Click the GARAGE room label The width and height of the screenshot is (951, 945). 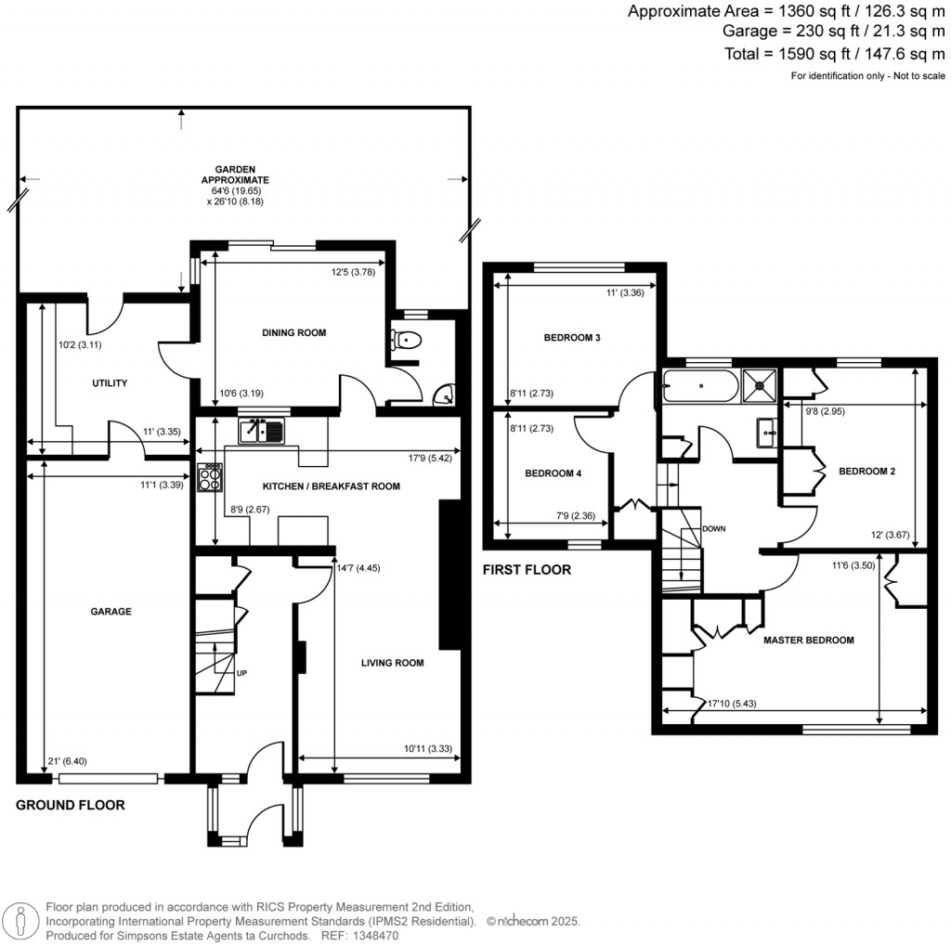[x=111, y=612]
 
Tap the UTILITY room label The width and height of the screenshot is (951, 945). [x=109, y=383]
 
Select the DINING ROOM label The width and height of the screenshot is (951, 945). [x=293, y=332]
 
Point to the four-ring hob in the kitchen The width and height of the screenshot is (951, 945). [x=210, y=476]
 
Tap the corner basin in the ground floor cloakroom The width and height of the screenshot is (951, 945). [x=447, y=396]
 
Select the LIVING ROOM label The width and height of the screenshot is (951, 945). [x=393, y=663]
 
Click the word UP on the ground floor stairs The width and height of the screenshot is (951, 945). [x=241, y=674]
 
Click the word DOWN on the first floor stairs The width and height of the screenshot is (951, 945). [x=713, y=529]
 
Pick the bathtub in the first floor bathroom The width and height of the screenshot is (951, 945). [x=700, y=383]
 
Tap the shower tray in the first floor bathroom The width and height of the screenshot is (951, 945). [x=760, y=382]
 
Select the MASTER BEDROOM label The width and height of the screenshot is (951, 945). [x=808, y=641]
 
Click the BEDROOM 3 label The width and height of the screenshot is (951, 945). [x=572, y=338]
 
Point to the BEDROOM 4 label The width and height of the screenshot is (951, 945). [x=553, y=473]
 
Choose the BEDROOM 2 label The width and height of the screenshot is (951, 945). [x=866, y=472]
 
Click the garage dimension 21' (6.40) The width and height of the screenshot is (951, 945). [x=68, y=762]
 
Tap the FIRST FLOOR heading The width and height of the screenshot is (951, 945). [x=526, y=570]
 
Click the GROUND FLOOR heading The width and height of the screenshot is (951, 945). [x=70, y=805]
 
